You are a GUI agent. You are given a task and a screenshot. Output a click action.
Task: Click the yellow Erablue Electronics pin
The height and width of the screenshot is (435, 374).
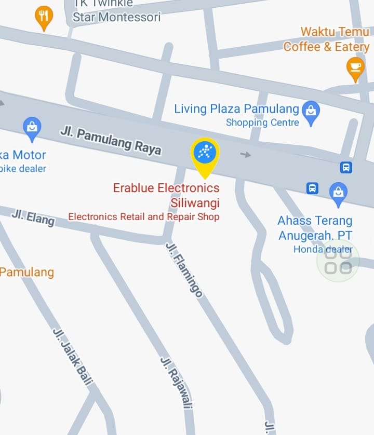[205, 154]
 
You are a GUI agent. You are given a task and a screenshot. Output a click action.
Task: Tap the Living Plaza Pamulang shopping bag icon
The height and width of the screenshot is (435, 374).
[311, 112]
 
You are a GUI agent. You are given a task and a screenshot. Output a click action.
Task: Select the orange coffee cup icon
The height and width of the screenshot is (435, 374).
[355, 67]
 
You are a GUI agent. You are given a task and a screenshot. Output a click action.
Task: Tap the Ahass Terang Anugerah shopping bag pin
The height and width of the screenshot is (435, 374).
[338, 193]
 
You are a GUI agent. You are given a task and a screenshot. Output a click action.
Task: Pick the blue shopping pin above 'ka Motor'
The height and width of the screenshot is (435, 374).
[32, 128]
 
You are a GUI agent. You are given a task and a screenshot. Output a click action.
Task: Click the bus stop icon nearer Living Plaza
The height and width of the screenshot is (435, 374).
[346, 167]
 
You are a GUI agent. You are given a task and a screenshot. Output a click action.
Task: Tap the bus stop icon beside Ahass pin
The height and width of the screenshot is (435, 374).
[312, 188]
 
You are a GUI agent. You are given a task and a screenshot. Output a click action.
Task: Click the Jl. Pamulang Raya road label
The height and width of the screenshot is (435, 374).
[111, 139]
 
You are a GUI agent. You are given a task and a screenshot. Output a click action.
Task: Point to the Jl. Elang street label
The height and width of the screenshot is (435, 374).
[33, 217]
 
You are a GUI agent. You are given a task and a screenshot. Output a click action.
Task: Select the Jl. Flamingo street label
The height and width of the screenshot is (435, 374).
[184, 269]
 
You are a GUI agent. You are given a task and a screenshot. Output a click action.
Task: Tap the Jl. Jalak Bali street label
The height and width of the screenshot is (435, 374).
[72, 357]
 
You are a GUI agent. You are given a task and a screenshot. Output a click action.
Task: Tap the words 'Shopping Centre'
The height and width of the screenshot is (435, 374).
[262, 123]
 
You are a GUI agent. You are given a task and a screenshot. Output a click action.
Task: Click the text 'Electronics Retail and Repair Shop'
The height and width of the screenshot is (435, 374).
[144, 216]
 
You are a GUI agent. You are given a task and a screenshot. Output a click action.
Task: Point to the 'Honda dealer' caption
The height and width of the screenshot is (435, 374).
[323, 249]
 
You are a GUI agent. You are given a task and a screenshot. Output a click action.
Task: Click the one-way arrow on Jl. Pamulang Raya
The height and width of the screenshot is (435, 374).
[246, 154]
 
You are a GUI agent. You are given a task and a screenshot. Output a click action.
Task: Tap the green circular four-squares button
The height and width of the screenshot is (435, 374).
[338, 261]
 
